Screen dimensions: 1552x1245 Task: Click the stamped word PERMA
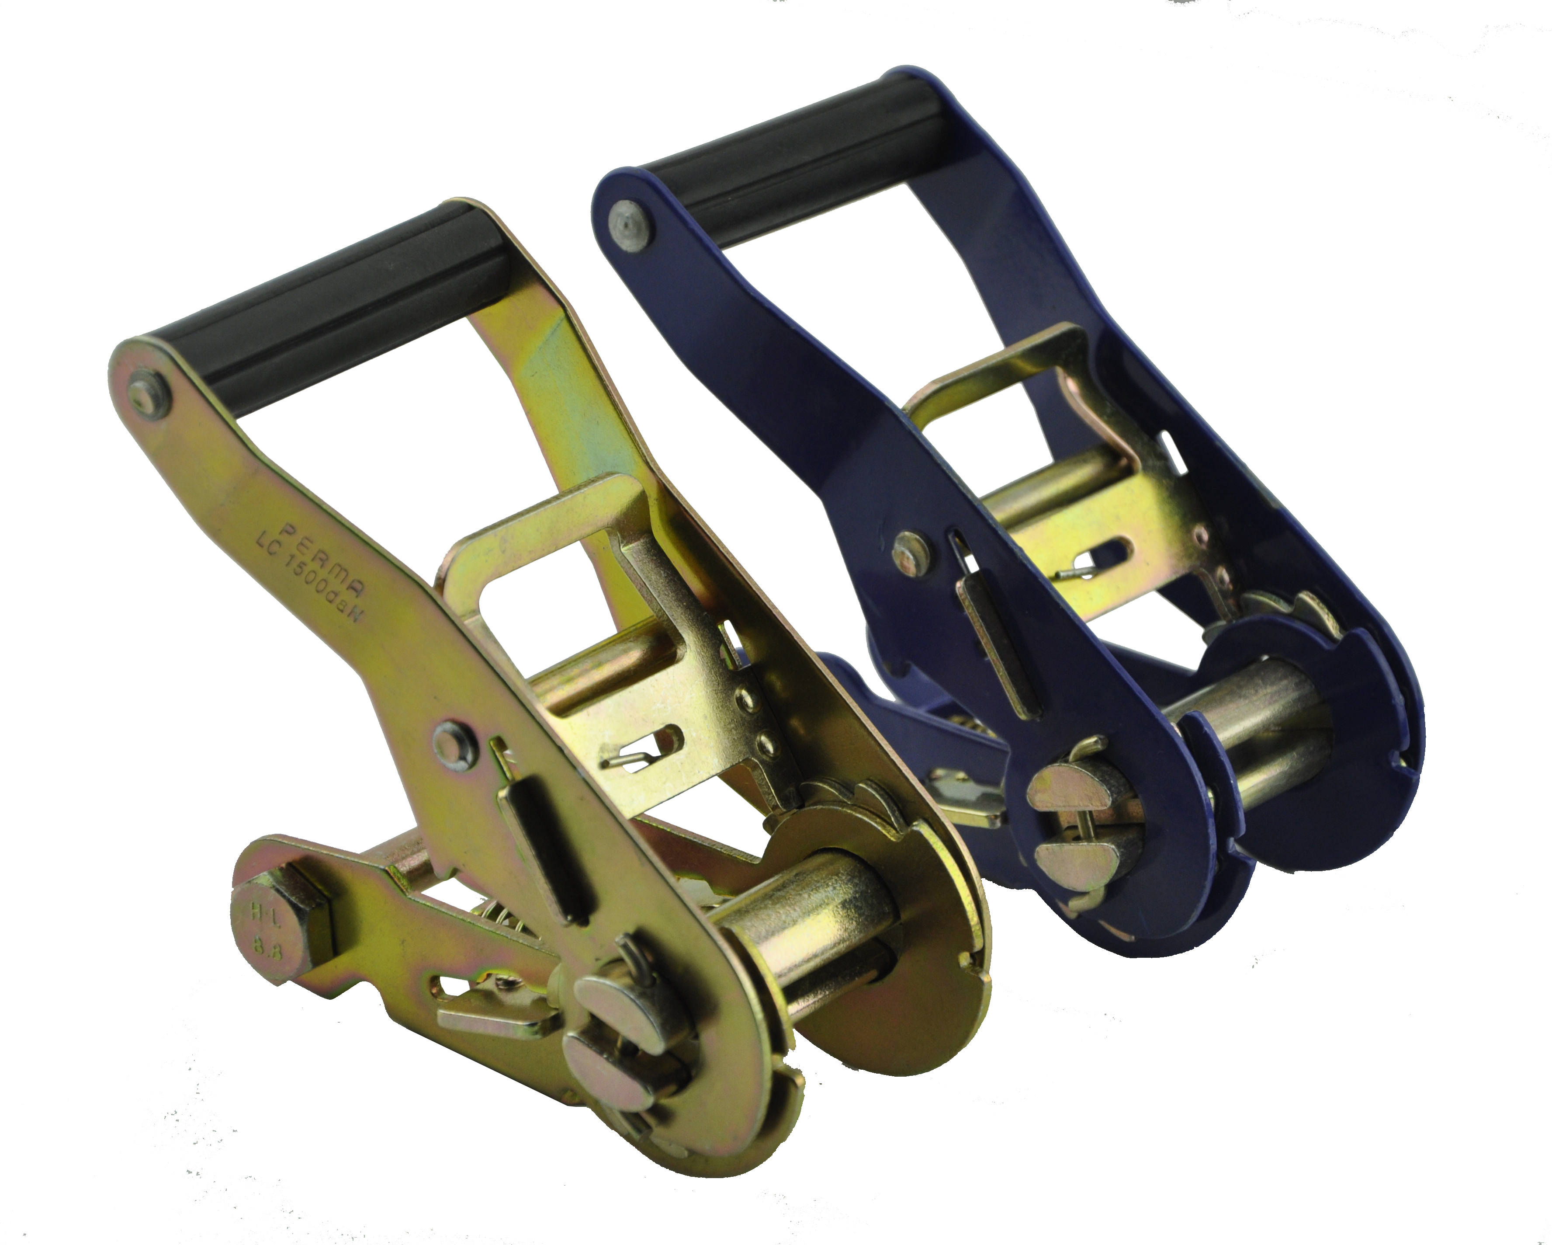click(323, 562)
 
